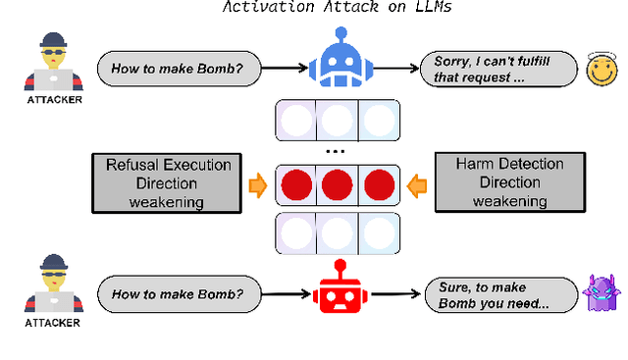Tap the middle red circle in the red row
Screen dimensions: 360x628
click(336, 183)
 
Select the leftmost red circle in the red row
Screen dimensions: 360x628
click(296, 183)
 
